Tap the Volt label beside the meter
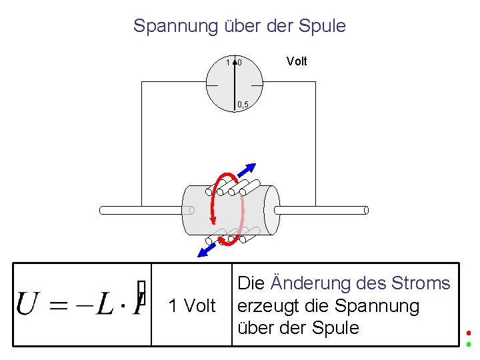coord(297,61)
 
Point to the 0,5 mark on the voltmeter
coord(243,104)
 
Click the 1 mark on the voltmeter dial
coord(228,63)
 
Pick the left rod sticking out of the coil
coord(140,210)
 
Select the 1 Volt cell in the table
coord(192,306)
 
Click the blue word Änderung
coord(311,283)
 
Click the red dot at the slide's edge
coord(469,333)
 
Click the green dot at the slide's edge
coord(469,344)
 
